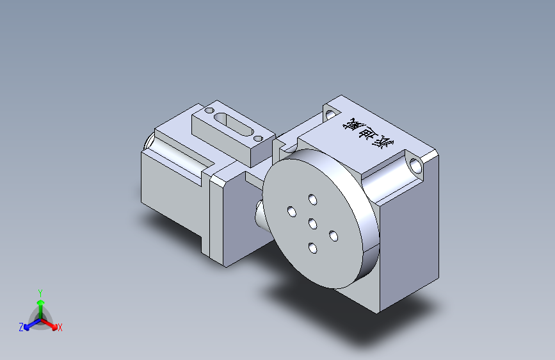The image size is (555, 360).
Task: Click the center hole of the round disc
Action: (x=313, y=224)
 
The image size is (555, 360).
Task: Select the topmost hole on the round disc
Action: (x=312, y=199)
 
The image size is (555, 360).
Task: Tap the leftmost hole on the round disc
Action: (x=291, y=211)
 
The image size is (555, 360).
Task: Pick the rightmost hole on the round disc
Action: (x=334, y=236)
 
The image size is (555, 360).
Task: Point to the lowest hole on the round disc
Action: (x=312, y=248)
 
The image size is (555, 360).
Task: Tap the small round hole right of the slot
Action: (x=258, y=137)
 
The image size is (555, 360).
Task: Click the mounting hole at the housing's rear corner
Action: (x=330, y=115)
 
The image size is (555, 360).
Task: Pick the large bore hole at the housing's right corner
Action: (x=417, y=166)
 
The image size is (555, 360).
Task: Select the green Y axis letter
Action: (x=40, y=291)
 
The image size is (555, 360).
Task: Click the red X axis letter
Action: (x=60, y=328)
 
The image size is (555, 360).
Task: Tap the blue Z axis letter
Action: (x=21, y=327)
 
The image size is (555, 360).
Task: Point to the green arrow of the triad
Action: (x=40, y=304)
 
